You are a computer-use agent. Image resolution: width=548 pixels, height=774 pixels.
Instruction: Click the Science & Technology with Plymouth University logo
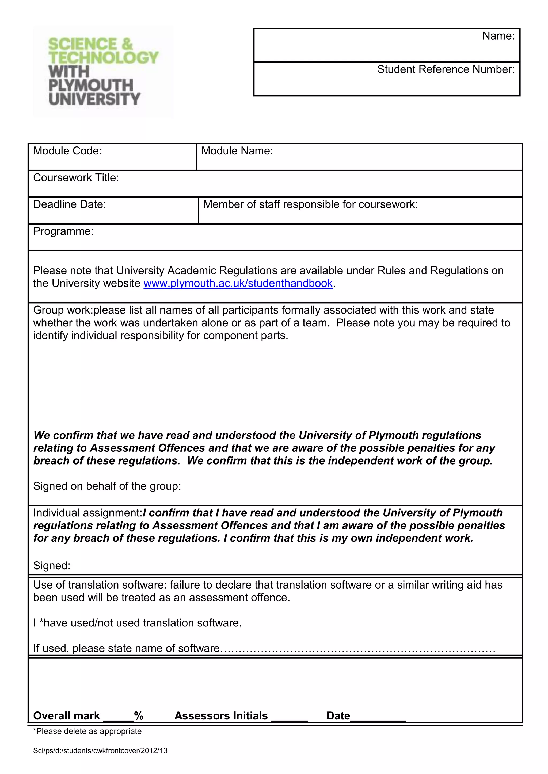click(103, 71)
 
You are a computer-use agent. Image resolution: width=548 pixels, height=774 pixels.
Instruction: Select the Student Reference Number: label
click(446, 69)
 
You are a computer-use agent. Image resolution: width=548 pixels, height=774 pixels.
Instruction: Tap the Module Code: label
click(67, 151)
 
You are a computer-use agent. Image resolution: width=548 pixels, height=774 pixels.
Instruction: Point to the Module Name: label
click(237, 151)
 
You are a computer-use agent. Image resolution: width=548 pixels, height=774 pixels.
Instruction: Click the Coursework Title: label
click(76, 178)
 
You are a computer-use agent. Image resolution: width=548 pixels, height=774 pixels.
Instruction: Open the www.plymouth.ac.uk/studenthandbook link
click(238, 284)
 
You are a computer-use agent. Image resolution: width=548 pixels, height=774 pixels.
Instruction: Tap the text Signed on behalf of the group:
click(107, 486)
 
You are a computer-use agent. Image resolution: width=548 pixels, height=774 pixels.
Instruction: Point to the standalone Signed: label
click(52, 565)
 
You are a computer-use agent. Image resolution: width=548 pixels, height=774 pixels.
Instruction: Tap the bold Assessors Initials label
click(221, 716)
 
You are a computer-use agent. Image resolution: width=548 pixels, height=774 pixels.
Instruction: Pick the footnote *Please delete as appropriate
click(87, 731)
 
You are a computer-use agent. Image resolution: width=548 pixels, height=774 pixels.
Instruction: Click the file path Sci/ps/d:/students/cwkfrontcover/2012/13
click(100, 751)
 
